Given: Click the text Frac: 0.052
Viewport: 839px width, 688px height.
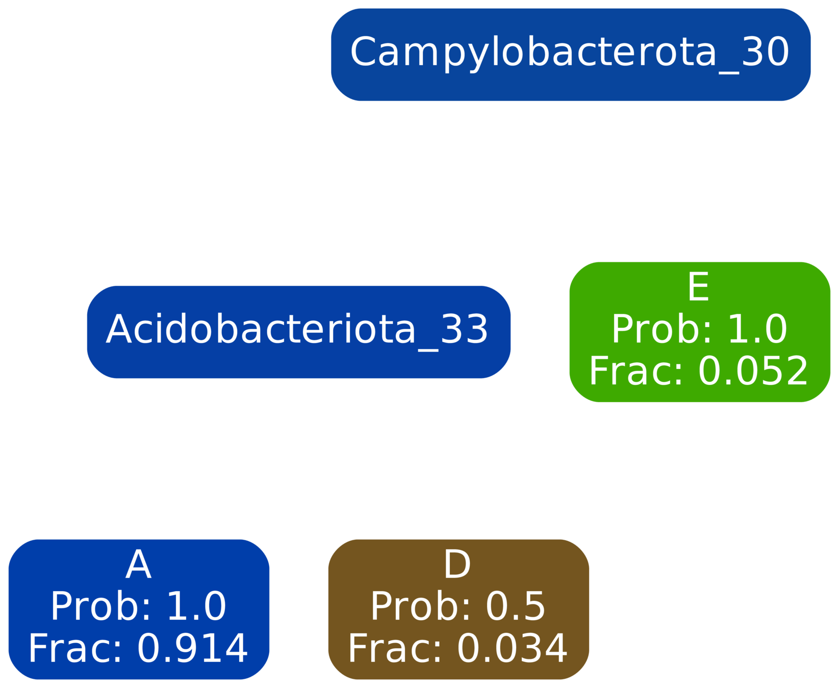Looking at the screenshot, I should point(699,371).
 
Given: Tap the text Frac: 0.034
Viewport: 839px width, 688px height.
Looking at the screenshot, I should point(457,648).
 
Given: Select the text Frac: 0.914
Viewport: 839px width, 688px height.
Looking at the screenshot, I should point(138,648).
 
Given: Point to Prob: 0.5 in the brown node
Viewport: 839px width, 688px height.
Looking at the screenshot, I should point(457,606).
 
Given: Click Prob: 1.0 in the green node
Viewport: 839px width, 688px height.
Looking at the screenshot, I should point(699,329).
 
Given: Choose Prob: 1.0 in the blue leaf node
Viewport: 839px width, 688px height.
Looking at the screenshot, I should point(138,606).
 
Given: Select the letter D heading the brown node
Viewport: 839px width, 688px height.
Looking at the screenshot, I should point(457,565).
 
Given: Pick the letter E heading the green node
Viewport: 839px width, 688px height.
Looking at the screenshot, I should point(698,287).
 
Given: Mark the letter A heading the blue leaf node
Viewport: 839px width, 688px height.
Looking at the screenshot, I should point(138,565).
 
